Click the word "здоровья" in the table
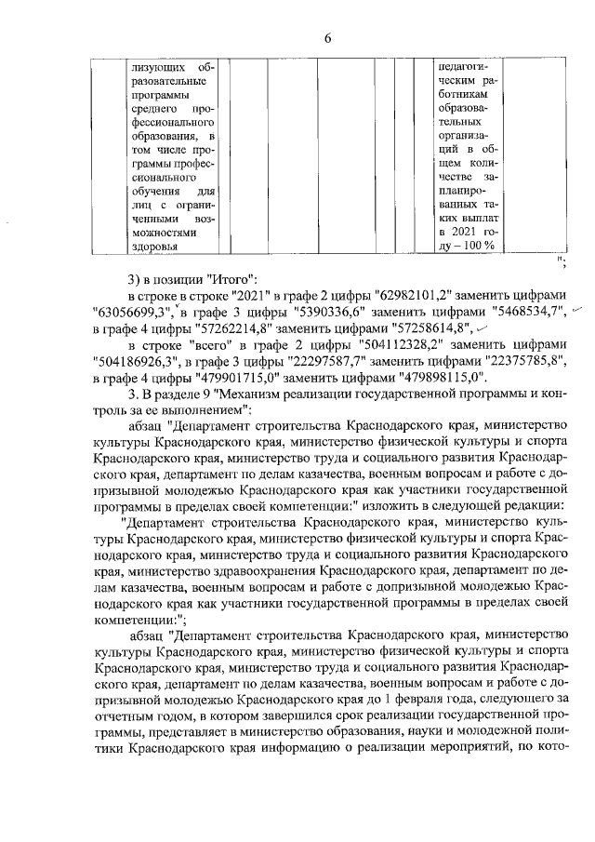tap(160, 246)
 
